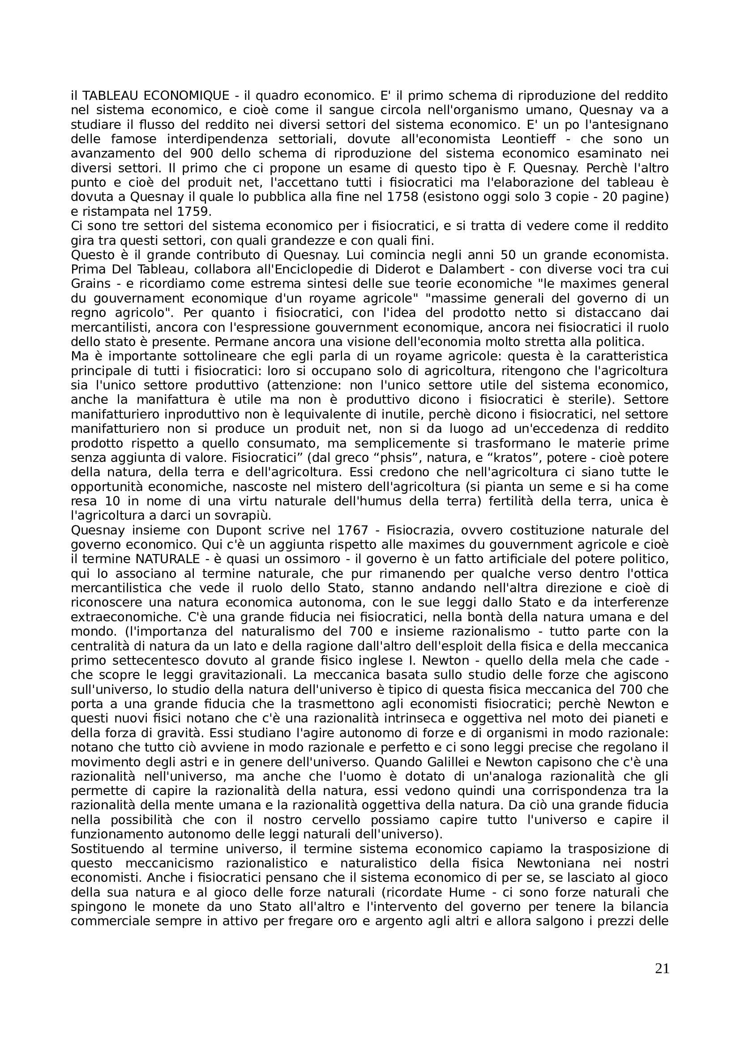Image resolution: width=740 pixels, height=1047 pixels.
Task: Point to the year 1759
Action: pyautogui.click(x=191, y=212)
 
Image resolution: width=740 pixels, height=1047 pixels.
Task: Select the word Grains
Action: pyautogui.click(x=91, y=284)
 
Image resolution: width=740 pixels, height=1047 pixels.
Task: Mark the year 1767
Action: pyautogui.click(x=352, y=530)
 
